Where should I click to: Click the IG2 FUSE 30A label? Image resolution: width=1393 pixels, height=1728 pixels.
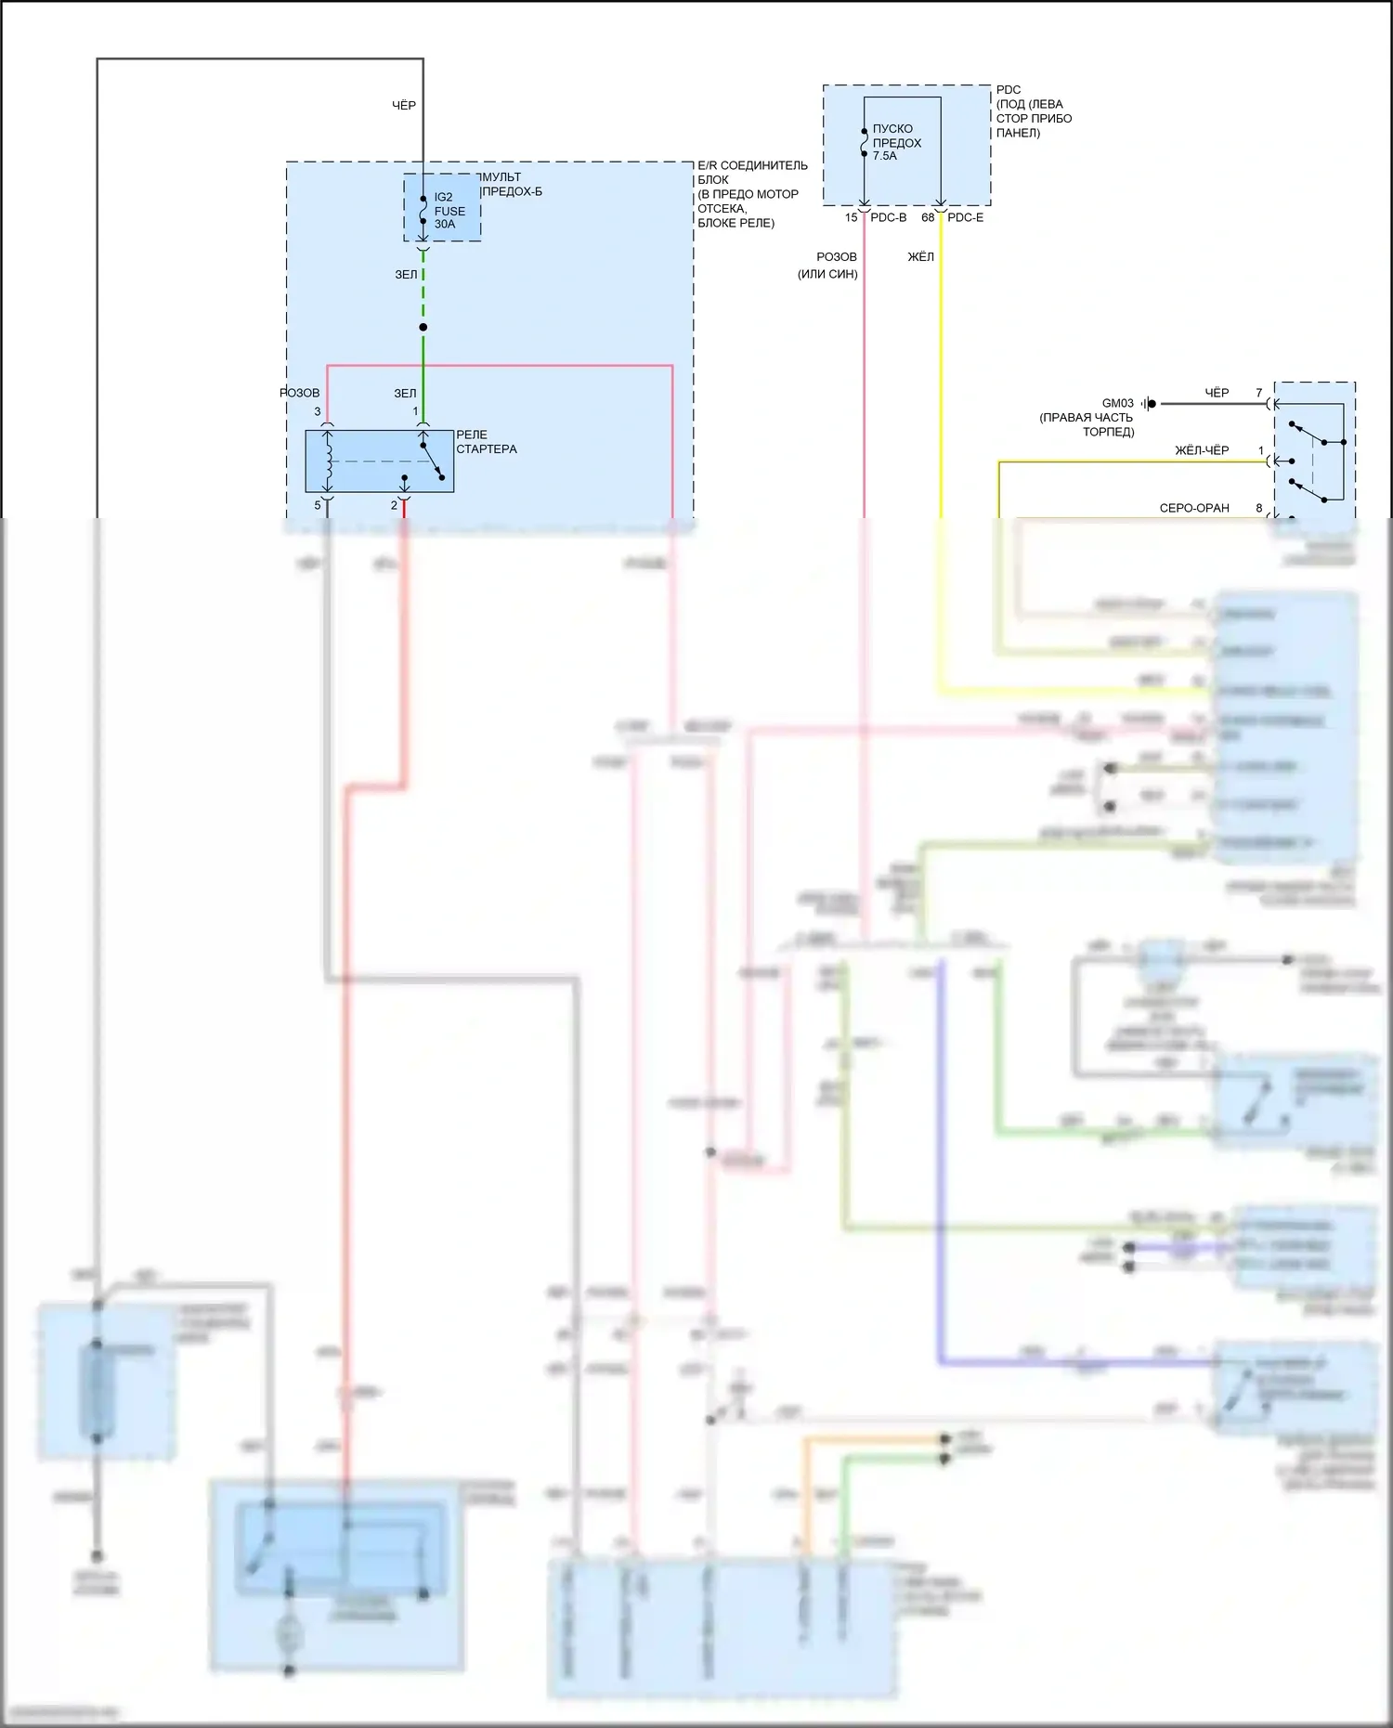pos(449,211)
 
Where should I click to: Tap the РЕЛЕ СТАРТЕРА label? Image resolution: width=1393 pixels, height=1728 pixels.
pos(486,442)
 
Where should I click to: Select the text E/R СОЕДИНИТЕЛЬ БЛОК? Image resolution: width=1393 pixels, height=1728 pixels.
pos(752,172)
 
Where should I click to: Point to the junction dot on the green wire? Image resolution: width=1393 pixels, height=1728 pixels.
pos(423,327)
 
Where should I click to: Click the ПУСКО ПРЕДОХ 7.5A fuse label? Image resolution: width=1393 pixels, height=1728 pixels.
pos(896,142)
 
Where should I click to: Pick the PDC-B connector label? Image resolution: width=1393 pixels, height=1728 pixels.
pos(888,217)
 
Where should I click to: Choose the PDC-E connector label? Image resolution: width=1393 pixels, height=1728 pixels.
pos(965,217)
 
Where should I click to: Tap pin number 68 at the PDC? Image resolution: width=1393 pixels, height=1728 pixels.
pos(928,217)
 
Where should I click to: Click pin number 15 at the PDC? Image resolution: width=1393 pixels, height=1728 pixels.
pos(851,217)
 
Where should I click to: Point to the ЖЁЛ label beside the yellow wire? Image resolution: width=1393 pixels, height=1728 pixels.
pos(920,256)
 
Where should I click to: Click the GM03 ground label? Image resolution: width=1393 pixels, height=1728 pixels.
pos(1117,403)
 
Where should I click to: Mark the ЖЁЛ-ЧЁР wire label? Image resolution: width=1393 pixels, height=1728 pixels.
pos(1202,450)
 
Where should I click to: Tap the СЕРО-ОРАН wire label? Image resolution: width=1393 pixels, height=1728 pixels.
pos(1193,508)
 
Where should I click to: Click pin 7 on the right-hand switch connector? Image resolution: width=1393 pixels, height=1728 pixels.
pos(1259,393)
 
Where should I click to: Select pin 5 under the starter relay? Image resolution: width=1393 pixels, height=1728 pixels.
pos(318,505)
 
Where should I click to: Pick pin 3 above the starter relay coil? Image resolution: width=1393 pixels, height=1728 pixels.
pos(318,411)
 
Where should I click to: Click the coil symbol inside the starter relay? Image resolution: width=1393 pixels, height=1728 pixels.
pos(328,460)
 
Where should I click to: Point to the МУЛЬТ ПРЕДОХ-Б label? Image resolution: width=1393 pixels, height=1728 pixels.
pos(511,184)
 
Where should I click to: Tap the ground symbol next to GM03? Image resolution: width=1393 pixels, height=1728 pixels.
pos(1150,404)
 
